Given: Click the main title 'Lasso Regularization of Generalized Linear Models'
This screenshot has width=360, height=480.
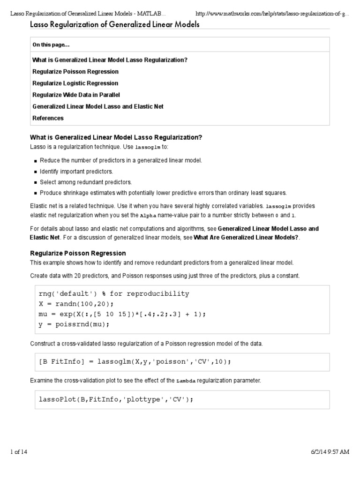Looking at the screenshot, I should point(115,24).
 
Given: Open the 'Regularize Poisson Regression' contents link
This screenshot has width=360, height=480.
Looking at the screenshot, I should point(75,72).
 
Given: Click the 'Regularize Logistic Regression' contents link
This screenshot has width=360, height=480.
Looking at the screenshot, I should point(75,83).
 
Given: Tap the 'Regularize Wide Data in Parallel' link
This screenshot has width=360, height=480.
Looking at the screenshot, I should point(76,95).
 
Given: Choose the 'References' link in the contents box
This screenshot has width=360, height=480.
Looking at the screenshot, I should point(48,118).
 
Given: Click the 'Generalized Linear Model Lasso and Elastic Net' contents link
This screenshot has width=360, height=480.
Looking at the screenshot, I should point(98,106).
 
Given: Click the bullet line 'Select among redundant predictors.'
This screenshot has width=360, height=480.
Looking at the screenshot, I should point(86,182).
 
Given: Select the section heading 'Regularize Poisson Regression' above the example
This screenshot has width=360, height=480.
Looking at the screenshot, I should point(78,253).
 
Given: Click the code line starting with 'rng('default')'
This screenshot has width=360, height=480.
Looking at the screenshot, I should point(114,294).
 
